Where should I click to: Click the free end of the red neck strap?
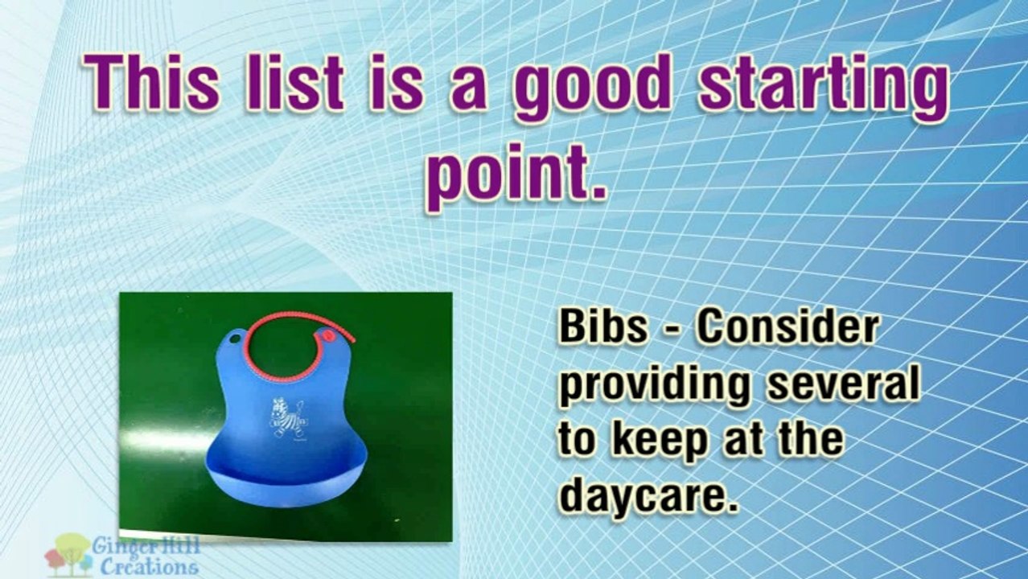pos(352,340)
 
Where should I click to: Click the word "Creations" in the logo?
pos(149,567)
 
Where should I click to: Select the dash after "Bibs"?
pos(671,331)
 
